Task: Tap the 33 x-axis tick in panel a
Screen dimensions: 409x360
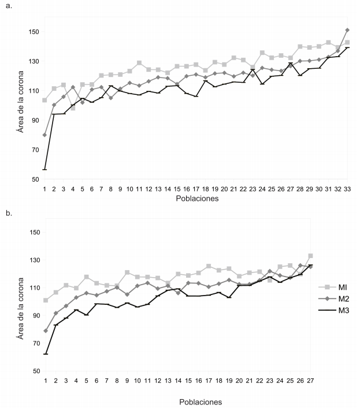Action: pos(347,189)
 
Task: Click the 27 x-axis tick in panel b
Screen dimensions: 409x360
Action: pos(310,380)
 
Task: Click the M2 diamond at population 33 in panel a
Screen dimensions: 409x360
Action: pos(347,30)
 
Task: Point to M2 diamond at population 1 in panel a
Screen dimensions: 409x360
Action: pos(44,135)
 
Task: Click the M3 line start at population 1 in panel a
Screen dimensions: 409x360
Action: pos(44,170)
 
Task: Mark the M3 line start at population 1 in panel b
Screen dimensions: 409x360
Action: pos(45,354)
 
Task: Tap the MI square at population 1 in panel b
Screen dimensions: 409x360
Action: pos(45,300)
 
